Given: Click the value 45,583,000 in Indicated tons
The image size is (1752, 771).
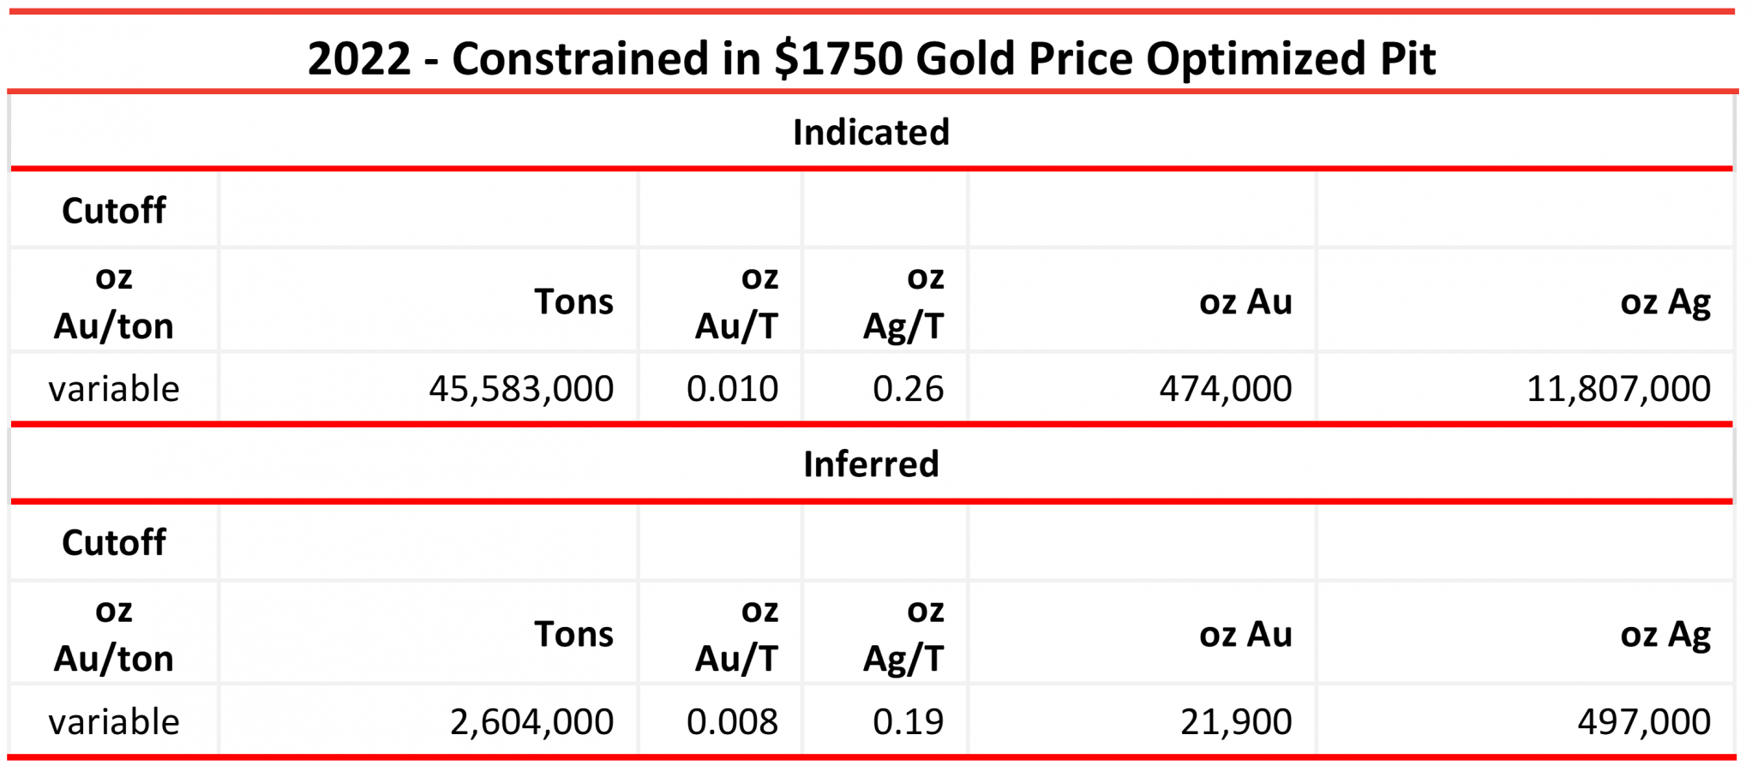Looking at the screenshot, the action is tap(521, 389).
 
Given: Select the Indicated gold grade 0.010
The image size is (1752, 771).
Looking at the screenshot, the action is tap(732, 389).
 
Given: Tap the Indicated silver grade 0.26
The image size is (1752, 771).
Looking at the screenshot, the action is tap(908, 389).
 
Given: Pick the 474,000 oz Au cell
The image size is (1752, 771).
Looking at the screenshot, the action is tap(1226, 389).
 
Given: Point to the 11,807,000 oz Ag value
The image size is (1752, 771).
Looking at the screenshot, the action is tap(1618, 389).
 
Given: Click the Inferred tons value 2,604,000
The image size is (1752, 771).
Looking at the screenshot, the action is tap(531, 722).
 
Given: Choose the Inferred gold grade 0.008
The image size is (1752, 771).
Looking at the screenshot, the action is tap(732, 722).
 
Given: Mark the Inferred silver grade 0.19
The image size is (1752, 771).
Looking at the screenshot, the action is tap(908, 722).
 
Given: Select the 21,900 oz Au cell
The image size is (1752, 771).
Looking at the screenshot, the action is tap(1236, 722).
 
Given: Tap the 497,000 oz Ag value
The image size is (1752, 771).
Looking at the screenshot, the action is tap(1644, 722).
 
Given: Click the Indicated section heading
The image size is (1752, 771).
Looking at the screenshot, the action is tap(871, 133).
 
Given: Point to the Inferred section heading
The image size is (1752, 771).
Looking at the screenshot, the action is tap(871, 464).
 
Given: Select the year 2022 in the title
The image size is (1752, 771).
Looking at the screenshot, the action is tap(359, 58).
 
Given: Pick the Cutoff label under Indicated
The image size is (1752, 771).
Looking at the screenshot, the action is tap(114, 211).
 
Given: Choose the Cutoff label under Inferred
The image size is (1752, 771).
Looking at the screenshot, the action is tap(114, 543).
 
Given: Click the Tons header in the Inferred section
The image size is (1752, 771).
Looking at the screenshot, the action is tap(573, 635).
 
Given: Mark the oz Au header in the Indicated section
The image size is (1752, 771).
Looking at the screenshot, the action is tap(1245, 302).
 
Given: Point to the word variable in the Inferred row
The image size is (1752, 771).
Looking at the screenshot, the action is tap(114, 722).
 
